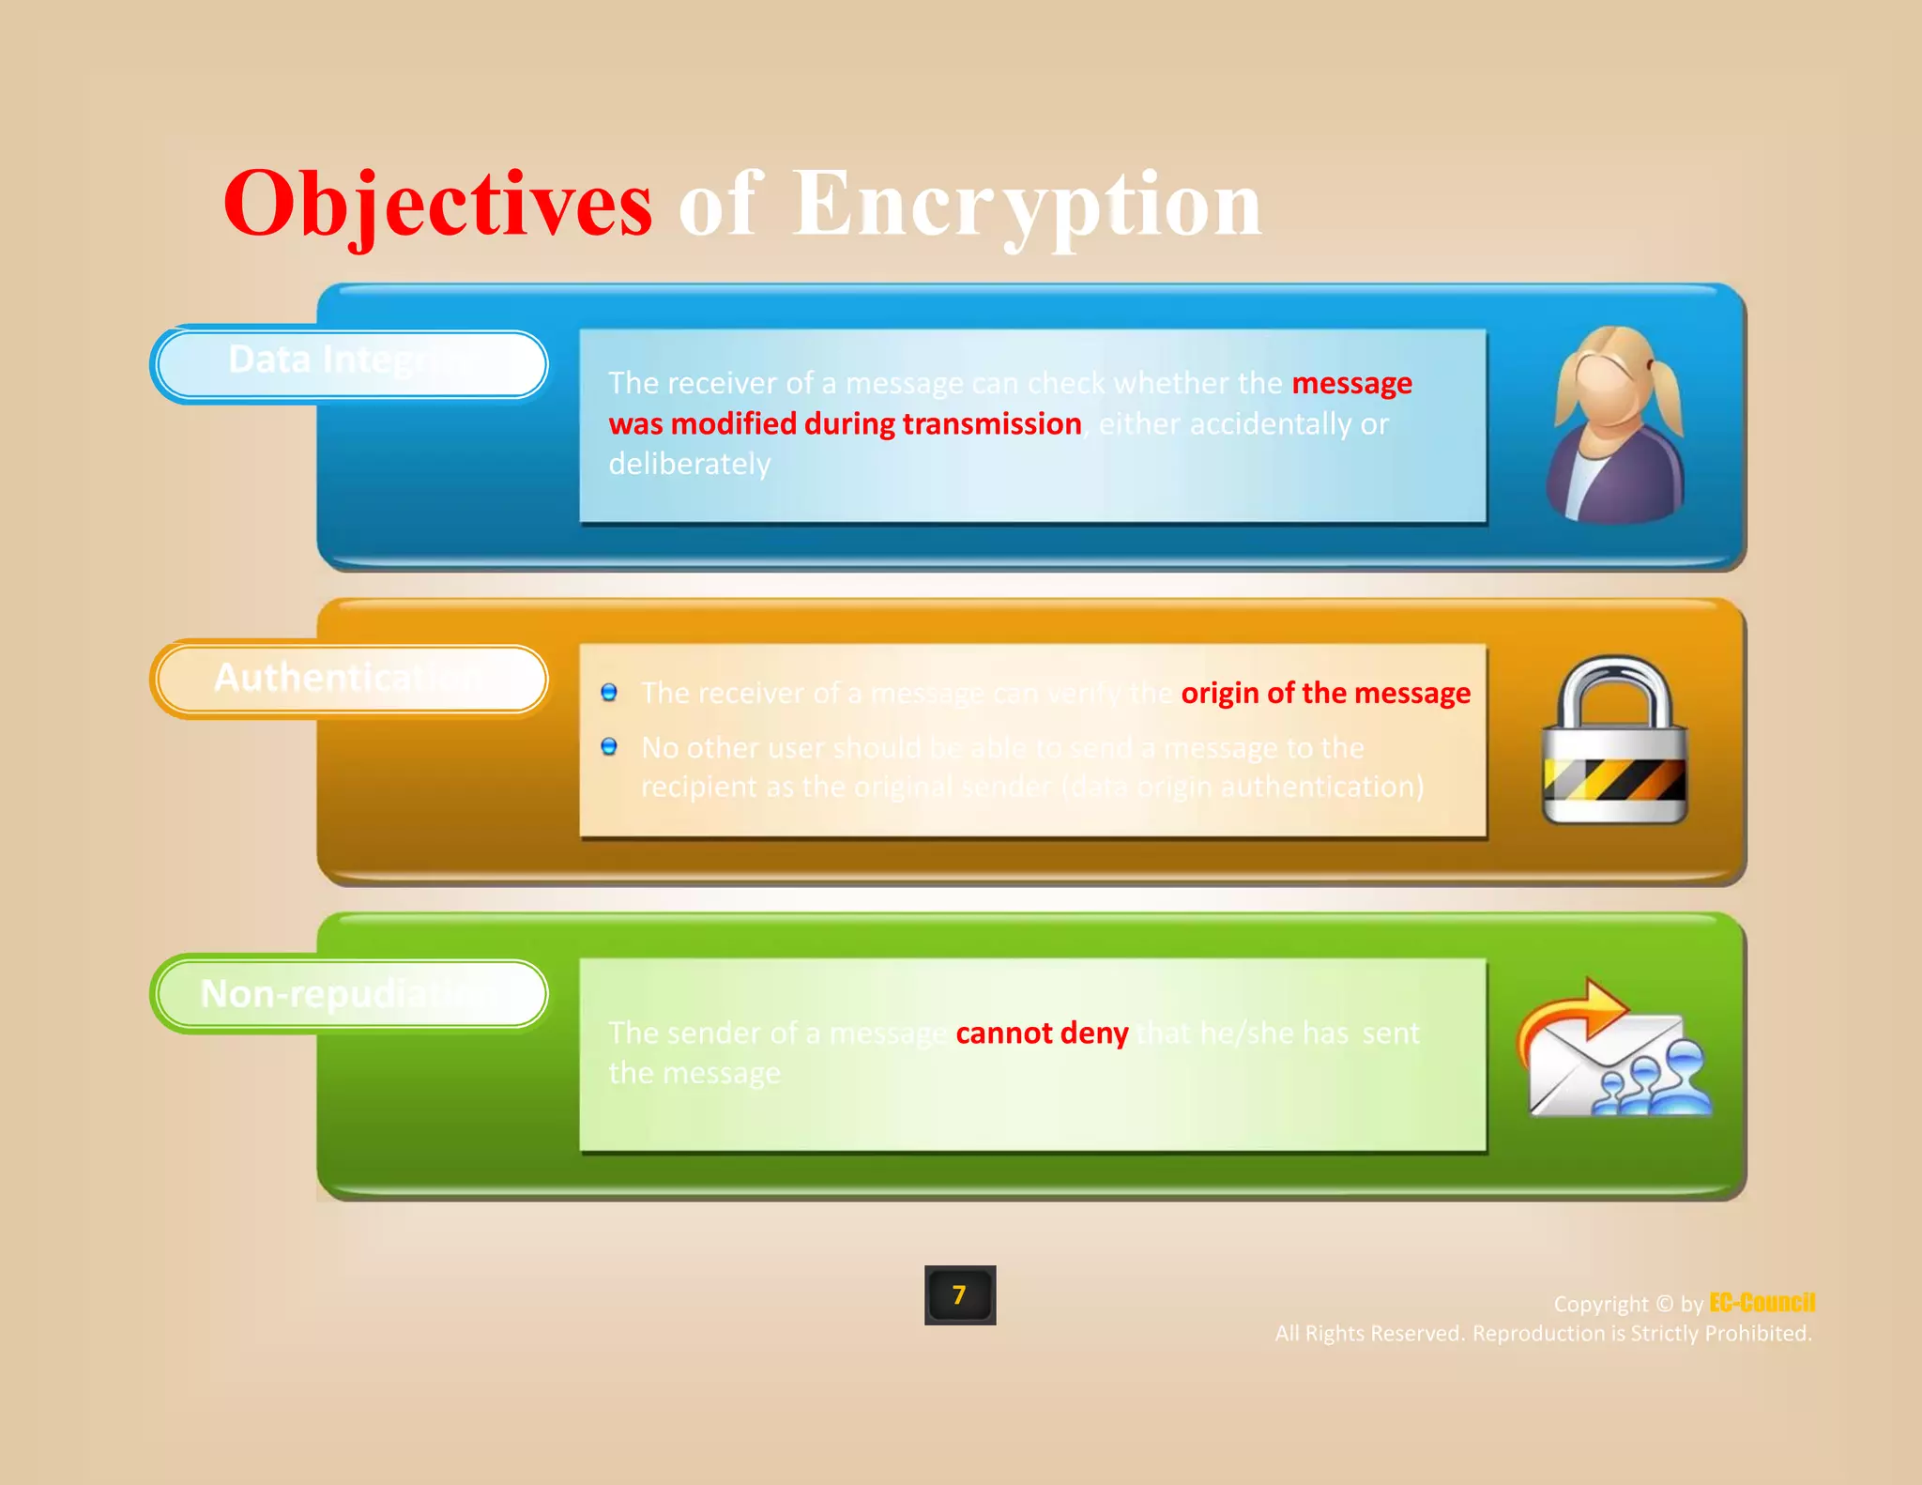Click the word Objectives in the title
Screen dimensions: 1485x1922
click(x=437, y=205)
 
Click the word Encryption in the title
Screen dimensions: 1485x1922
click(x=1028, y=205)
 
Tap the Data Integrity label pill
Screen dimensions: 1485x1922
click(x=349, y=363)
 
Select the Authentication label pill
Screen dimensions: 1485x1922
click(x=349, y=679)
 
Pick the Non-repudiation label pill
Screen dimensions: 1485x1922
click(x=349, y=994)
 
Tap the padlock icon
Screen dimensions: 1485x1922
click(x=1615, y=742)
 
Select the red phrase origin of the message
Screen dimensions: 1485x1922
click(x=1325, y=693)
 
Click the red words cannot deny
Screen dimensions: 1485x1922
click(x=1042, y=1033)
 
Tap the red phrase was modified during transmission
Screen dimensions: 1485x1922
click(x=845, y=424)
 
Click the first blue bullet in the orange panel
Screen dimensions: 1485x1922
click(x=609, y=693)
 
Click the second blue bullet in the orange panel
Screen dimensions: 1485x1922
click(x=609, y=747)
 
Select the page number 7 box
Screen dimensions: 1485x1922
click(x=959, y=1295)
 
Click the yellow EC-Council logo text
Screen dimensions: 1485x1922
click(x=1762, y=1303)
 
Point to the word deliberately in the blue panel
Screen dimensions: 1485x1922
click(x=690, y=465)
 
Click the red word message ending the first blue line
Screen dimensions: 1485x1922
click(x=1351, y=384)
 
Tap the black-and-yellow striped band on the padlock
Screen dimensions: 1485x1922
click(x=1614, y=779)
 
